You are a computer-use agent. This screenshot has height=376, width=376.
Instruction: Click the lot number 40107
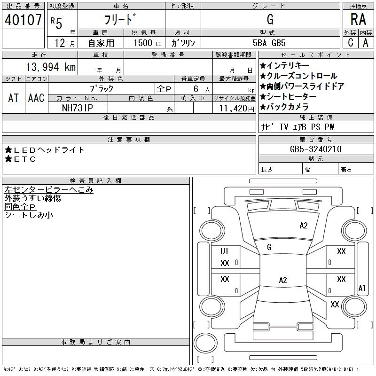pos(23,20)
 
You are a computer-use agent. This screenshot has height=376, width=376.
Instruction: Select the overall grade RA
pos(358,19)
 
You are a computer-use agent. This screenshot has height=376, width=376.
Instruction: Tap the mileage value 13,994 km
pos(51,67)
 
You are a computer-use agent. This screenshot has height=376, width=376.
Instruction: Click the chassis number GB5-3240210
pos(315,149)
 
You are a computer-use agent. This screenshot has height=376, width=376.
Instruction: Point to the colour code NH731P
pos(78,108)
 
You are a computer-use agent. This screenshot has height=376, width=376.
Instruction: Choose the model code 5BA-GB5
pos(269,43)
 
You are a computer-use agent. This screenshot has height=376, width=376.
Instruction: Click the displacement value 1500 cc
pos(148,43)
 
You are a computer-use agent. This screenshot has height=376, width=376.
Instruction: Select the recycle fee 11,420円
pos(236,109)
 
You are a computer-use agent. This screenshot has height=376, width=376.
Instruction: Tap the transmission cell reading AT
pos(14,98)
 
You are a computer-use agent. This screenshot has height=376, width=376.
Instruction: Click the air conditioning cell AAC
pos(36,98)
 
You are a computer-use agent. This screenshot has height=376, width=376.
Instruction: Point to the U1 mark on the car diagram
pos(224,251)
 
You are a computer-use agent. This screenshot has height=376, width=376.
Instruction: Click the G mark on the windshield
pos(269,247)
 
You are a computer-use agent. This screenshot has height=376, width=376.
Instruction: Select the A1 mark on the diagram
pos(362,288)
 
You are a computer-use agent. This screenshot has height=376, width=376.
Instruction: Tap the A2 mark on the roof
pos(283,280)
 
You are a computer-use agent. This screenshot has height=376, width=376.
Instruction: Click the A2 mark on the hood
pos(304,226)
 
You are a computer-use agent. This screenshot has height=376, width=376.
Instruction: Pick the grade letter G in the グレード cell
pos(270,19)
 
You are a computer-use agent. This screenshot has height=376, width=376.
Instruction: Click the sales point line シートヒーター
pos(288,96)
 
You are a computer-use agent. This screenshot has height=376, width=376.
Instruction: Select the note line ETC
pos(20,159)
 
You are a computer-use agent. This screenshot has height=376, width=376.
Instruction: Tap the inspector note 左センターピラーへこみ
pos(49,190)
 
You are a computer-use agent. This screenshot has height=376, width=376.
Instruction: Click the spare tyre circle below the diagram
pos(205,343)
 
